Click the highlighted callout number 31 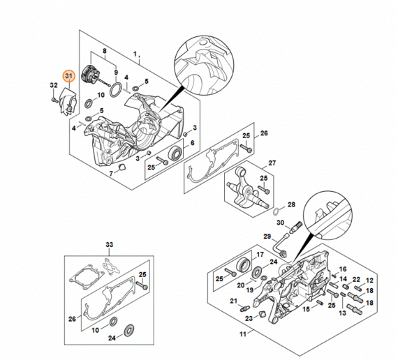pos(69,75)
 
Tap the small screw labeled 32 pos(54,100)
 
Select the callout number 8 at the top pos(105,51)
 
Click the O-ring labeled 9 pos(116,90)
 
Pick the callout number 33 pos(110,245)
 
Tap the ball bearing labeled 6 pos(175,153)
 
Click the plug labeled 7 pos(122,167)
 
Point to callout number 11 pos(243,334)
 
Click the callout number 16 pos(343,269)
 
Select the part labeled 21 pos(244,309)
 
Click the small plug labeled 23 pos(262,313)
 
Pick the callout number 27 pos(272,163)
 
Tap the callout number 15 pos(307,309)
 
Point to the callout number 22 pos(356,279)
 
